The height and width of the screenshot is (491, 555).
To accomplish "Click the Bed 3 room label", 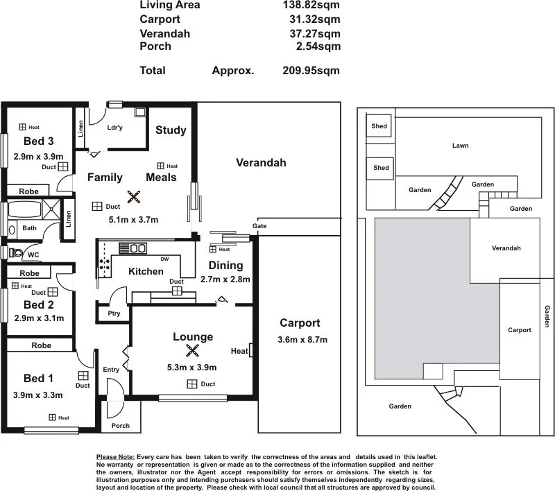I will pyautogui.click(x=29, y=142).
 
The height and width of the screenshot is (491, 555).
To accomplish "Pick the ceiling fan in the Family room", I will pyautogui.click(x=133, y=197).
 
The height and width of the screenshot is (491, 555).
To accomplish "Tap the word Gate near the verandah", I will pyautogui.click(x=259, y=227).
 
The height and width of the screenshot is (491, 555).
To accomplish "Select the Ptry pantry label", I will pyautogui.click(x=114, y=313).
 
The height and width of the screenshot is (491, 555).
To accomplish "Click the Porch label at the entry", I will pyautogui.click(x=121, y=426).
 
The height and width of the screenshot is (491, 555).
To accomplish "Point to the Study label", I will pyautogui.click(x=171, y=130).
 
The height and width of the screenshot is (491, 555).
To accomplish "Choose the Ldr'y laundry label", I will pyautogui.click(x=115, y=128).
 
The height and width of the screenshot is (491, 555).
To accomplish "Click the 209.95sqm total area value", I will pyautogui.click(x=311, y=70).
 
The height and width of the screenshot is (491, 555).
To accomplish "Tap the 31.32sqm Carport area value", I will pyautogui.click(x=314, y=19).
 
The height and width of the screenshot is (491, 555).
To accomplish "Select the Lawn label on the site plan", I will pyautogui.click(x=460, y=146).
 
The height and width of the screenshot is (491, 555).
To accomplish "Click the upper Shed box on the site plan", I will pyautogui.click(x=379, y=126).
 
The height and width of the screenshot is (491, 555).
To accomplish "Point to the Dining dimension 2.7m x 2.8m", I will pyautogui.click(x=225, y=279).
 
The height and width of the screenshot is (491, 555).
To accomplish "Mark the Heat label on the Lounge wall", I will pyautogui.click(x=239, y=351).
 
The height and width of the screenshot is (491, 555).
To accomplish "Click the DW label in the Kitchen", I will pyautogui.click(x=164, y=259).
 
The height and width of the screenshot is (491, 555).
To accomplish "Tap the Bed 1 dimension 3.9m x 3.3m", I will pyautogui.click(x=39, y=395).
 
